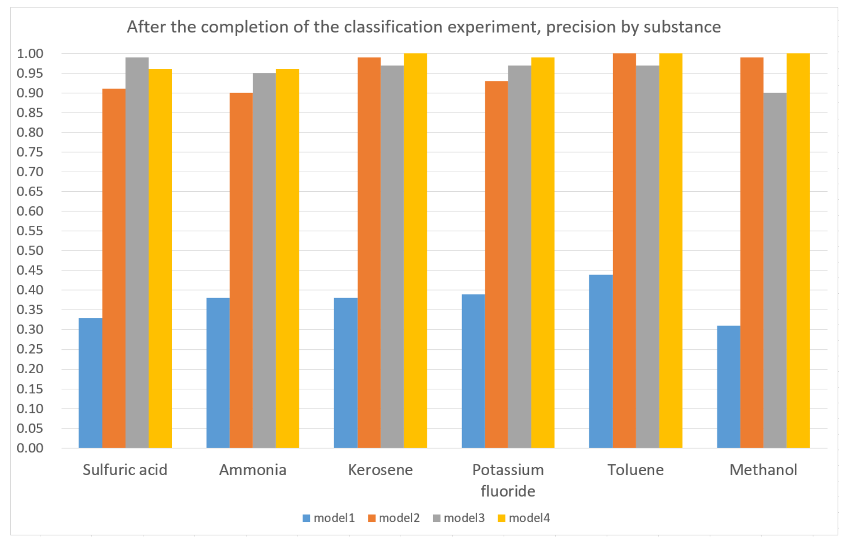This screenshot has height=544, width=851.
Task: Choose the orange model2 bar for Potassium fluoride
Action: click(x=496, y=264)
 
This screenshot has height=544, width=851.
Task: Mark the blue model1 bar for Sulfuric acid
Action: click(x=90, y=383)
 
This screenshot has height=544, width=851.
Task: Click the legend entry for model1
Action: click(x=329, y=518)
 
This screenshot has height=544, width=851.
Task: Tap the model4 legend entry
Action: click(x=524, y=518)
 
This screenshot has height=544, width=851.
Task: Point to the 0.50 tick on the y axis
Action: click(x=30, y=251)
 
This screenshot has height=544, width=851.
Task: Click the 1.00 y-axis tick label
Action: click(x=30, y=54)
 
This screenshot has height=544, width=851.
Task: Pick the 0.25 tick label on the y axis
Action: click(x=30, y=349)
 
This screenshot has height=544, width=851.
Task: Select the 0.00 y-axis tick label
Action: click(x=30, y=448)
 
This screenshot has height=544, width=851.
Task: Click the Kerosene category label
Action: click(x=380, y=470)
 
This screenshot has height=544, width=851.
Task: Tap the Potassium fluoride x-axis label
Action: click(x=508, y=480)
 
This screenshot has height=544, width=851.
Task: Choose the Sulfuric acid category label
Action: click(x=125, y=470)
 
